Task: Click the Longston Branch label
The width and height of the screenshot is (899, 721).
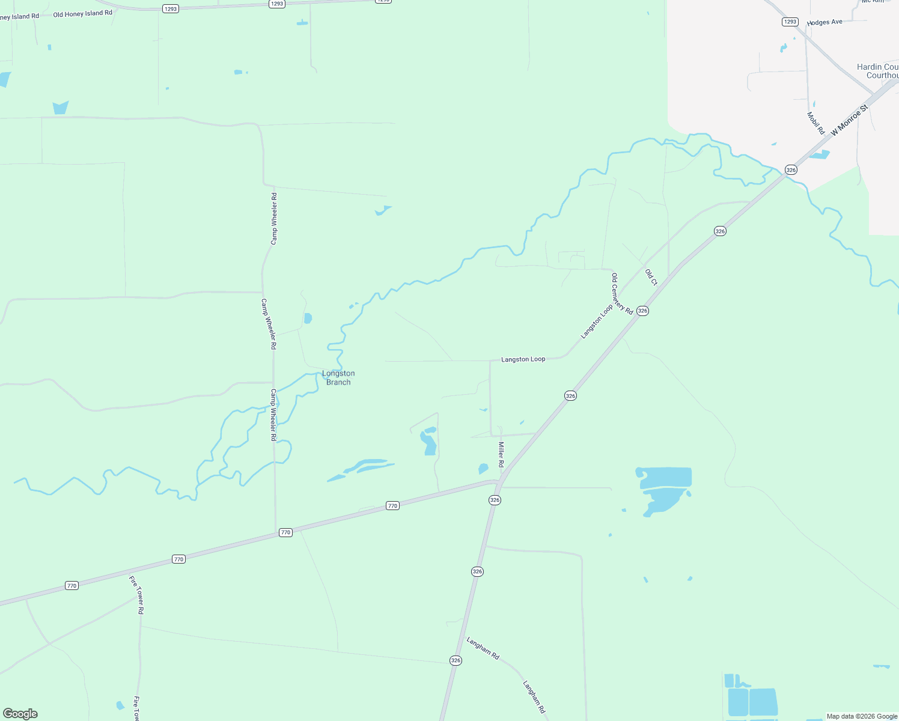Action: [338, 377]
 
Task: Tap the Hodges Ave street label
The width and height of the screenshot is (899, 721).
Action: [824, 22]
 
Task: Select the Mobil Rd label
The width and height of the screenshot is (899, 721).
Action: [815, 123]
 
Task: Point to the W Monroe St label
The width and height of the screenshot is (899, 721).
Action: [850, 120]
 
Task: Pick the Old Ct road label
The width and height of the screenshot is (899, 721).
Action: [651, 278]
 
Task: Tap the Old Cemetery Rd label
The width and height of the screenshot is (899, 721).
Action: [622, 294]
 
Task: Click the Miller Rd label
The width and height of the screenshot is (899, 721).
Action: [501, 454]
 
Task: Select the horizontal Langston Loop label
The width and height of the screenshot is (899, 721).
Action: [523, 359]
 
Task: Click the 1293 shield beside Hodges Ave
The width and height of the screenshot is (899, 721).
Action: [790, 22]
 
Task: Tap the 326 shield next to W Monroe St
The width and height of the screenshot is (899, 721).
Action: [791, 170]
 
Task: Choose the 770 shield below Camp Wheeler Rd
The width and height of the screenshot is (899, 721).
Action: [285, 532]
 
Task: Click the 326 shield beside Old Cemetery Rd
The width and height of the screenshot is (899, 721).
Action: [642, 311]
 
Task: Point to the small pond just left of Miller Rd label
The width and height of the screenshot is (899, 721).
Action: [483, 469]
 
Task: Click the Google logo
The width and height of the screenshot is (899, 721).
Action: [20, 714]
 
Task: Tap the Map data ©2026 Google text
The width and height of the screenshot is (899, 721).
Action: [862, 716]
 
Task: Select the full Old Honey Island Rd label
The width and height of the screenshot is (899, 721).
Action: [82, 14]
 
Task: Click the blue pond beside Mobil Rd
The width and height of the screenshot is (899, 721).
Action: [819, 155]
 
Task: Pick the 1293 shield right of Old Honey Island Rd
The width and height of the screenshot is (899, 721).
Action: [171, 9]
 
